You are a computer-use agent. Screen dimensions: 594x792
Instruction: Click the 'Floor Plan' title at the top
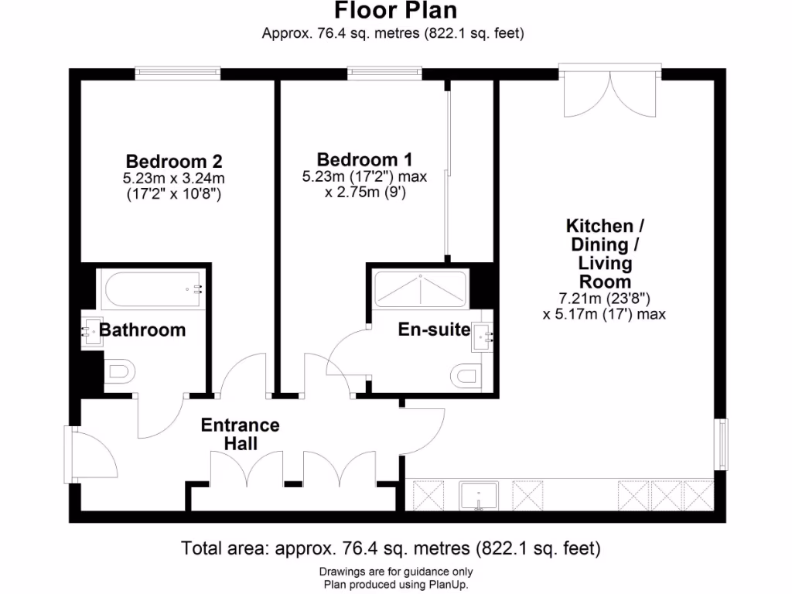click(x=395, y=11)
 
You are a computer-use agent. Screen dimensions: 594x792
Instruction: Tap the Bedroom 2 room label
click(x=174, y=162)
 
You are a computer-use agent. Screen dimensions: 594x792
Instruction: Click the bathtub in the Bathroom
click(x=151, y=289)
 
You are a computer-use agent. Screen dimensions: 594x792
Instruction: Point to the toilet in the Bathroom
click(x=117, y=373)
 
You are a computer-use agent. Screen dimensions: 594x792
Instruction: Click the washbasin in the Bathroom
click(x=89, y=332)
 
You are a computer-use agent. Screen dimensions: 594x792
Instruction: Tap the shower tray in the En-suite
click(x=419, y=288)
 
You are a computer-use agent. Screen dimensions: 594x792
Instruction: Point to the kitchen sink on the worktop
click(x=480, y=496)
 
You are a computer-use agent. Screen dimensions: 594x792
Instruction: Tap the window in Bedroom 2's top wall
click(x=176, y=73)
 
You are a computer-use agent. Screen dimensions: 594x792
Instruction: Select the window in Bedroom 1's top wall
click(x=384, y=73)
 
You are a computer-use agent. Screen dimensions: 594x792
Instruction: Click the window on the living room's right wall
click(x=722, y=444)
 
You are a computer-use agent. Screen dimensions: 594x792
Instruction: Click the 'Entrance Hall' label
click(x=240, y=435)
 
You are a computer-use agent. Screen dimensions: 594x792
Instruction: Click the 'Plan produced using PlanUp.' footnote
click(x=395, y=584)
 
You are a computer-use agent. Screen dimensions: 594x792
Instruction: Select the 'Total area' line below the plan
click(x=391, y=549)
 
